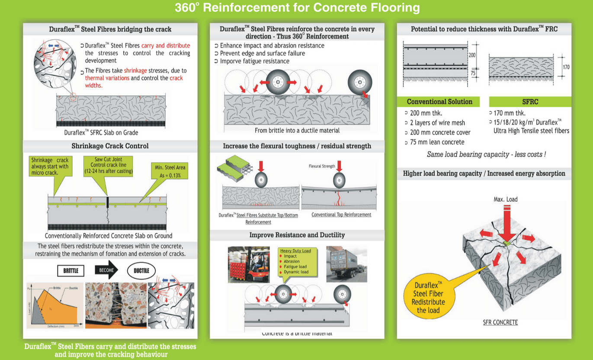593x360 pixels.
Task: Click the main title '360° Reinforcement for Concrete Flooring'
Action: [297, 8]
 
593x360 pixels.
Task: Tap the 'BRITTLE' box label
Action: [71, 271]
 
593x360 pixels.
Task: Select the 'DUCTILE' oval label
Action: [141, 271]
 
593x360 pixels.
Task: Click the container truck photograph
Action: [346, 264]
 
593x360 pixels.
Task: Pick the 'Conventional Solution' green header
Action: [439, 102]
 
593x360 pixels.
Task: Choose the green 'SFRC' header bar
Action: [530, 102]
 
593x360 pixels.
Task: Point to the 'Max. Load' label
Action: [505, 199]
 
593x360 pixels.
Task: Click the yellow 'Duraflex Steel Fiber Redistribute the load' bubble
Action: [428, 297]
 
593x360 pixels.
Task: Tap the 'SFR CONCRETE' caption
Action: [500, 322]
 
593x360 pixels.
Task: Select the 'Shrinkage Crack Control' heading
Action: [110, 146]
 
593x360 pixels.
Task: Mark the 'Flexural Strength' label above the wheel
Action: [322, 166]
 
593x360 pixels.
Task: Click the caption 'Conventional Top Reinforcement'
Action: [341, 215]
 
